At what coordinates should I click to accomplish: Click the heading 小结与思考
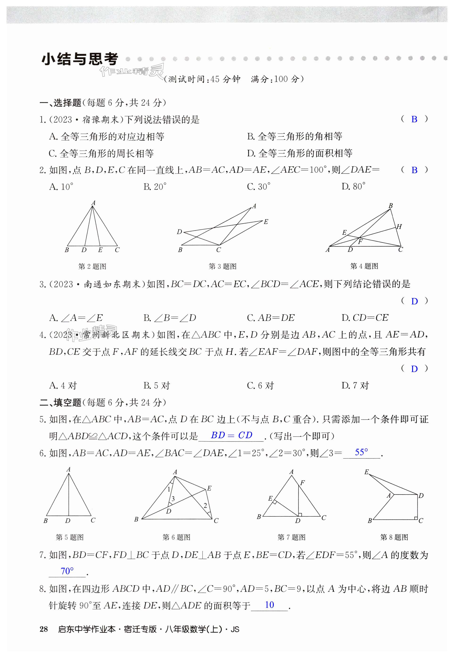pyautogui.click(x=80, y=59)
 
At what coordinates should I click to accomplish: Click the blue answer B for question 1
pyautogui.click(x=414, y=119)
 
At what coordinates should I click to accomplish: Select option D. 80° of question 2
pyautogui.click(x=353, y=187)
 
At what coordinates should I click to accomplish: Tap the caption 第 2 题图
pyautogui.click(x=92, y=266)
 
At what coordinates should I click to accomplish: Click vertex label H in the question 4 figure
pyautogui.click(x=399, y=226)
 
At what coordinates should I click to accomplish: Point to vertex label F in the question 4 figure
pyautogui.click(x=360, y=242)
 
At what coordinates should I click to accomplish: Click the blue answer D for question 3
pyautogui.click(x=414, y=301)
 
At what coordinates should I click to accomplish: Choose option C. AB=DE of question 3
pyautogui.click(x=271, y=318)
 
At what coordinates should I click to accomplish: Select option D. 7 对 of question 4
pyautogui.click(x=355, y=385)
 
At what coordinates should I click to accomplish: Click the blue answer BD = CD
pyautogui.click(x=231, y=435)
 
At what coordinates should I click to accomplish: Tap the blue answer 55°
pyautogui.click(x=361, y=452)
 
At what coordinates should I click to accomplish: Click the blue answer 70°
pyautogui.click(x=67, y=571)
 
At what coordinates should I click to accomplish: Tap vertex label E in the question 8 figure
pyautogui.click(x=367, y=472)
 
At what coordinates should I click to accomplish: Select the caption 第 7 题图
pyautogui.click(x=291, y=537)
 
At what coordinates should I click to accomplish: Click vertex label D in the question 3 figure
pyautogui.click(x=179, y=232)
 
